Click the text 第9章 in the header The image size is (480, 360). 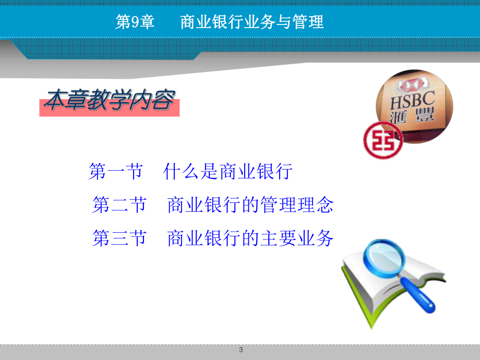pyautogui.click(x=135, y=22)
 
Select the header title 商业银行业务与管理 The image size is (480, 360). pyautogui.click(x=251, y=22)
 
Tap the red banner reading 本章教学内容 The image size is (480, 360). pyautogui.click(x=109, y=101)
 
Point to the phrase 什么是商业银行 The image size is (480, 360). pyautogui.click(x=227, y=172)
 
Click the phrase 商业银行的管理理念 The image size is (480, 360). pyautogui.click(x=250, y=205)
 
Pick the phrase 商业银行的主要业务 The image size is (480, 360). pyautogui.click(x=250, y=238)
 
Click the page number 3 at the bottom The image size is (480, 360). pyautogui.click(x=241, y=350)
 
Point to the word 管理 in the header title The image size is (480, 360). pyautogui.click(x=309, y=22)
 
